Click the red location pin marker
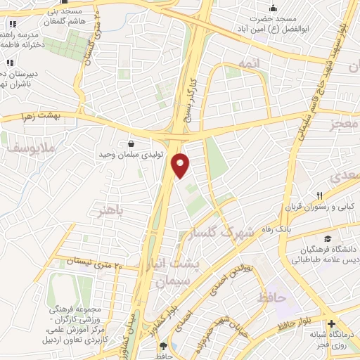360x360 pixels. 181,166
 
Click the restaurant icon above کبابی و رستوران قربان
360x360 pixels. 319,195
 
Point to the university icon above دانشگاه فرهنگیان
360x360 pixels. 327,239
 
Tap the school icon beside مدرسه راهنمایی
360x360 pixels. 12,24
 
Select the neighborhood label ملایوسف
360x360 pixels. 20,148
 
